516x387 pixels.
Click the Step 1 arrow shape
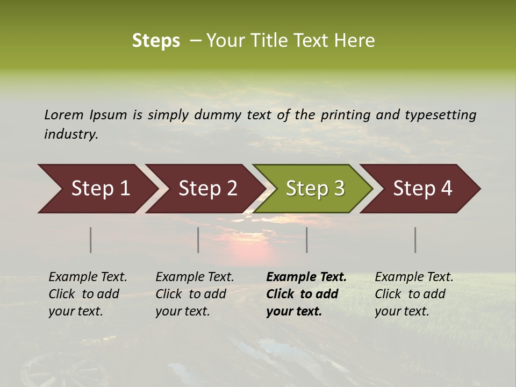[x=97, y=189]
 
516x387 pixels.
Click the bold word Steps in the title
[x=156, y=41]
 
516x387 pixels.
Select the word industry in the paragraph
[x=70, y=134]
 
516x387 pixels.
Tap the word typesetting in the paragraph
[x=441, y=115]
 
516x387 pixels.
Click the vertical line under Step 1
[x=91, y=240]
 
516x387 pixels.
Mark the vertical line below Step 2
[x=198, y=240]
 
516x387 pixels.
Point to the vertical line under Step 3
[x=307, y=240]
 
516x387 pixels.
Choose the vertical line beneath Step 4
[x=415, y=240]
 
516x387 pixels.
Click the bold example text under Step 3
[x=306, y=294]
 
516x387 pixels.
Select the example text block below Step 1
[x=88, y=294]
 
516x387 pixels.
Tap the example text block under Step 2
[x=195, y=294]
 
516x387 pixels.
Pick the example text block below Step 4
[x=414, y=294]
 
